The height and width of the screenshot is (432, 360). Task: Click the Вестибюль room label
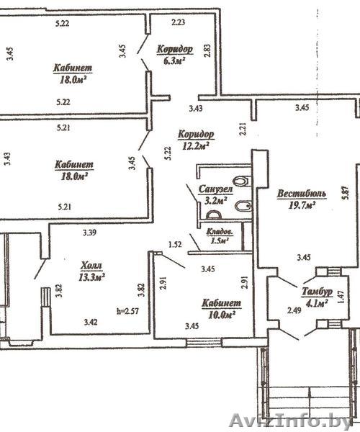tap(302, 194)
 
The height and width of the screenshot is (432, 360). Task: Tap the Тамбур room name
tap(317, 292)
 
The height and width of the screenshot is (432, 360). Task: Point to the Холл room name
tap(91, 266)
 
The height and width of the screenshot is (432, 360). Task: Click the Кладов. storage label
tap(220, 233)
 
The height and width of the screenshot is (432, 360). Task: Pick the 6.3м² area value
tap(174, 60)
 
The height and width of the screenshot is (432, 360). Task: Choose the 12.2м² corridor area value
tap(195, 145)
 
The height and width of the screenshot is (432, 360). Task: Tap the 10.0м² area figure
tap(222, 315)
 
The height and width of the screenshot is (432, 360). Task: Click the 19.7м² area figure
tap(302, 205)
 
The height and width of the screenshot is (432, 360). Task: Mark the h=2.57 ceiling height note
tap(128, 311)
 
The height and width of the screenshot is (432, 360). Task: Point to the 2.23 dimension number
tap(178, 22)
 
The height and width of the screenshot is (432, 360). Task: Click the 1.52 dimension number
tap(175, 244)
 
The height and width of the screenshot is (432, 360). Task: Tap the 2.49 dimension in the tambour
tap(294, 310)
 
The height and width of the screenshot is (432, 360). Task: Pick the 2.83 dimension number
tap(207, 50)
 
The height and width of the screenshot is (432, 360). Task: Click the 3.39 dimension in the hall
tap(89, 233)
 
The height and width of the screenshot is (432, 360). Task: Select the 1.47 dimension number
tap(341, 297)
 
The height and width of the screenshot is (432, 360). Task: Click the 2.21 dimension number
tap(243, 129)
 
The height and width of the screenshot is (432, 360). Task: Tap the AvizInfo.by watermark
tap(291, 420)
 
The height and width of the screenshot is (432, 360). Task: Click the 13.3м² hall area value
tap(91, 277)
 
